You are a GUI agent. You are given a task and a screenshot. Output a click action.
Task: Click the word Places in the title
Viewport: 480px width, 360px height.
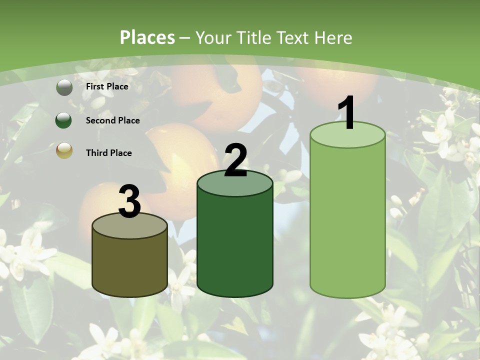tap(147, 37)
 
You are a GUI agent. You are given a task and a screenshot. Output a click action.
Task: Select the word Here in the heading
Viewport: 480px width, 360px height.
tap(333, 37)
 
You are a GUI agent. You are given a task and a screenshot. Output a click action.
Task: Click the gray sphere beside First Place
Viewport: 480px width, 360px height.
tap(64, 87)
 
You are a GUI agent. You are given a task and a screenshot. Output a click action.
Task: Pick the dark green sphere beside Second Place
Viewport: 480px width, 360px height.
tap(64, 120)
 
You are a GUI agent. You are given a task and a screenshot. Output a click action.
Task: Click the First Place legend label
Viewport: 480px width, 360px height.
tap(107, 86)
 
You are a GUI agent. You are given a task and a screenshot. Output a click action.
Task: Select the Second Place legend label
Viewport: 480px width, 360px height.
tap(112, 120)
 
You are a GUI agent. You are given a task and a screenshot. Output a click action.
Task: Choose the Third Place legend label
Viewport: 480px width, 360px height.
tap(108, 153)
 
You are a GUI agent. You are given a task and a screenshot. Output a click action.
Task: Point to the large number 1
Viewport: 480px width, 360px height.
tap(347, 113)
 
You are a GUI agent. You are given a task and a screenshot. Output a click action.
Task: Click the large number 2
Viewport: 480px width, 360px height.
tap(236, 160)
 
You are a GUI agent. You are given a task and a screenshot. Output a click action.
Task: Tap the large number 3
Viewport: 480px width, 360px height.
tap(129, 201)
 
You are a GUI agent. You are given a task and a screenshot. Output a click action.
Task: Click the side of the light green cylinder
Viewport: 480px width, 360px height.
tap(347, 220)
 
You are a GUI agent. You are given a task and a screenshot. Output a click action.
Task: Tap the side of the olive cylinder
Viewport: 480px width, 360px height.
tap(129, 265)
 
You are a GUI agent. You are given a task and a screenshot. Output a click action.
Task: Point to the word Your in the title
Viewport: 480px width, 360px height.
tap(212, 37)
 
